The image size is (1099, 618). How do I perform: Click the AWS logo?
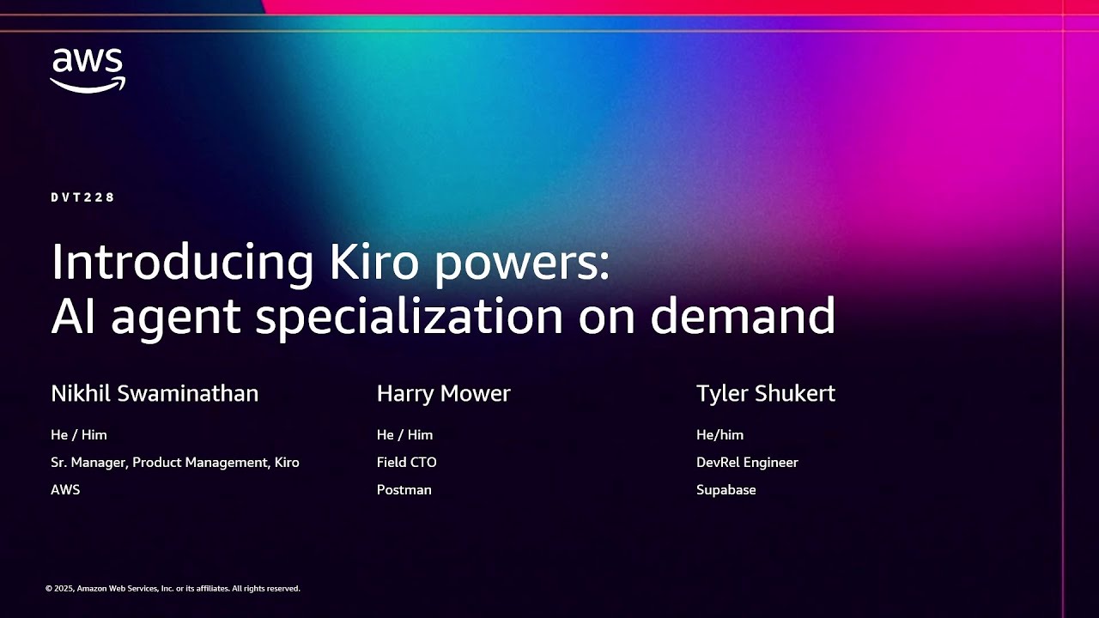(88, 70)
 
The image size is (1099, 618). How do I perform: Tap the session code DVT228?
(82, 197)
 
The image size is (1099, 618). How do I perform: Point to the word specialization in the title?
(409, 317)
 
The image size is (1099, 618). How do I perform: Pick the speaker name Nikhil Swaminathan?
(155, 394)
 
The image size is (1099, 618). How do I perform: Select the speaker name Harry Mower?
(443, 394)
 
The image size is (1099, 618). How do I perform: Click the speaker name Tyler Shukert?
(765, 394)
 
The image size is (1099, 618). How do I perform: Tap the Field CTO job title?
(406, 463)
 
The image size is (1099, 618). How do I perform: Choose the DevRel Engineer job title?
(747, 463)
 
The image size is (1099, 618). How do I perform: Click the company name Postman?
(404, 490)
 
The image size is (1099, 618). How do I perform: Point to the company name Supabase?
(726, 490)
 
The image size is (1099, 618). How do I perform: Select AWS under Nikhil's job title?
(65, 490)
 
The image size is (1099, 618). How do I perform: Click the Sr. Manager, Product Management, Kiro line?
(175, 463)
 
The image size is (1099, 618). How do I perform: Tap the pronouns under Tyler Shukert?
(720, 435)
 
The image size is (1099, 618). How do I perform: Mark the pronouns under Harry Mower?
(404, 435)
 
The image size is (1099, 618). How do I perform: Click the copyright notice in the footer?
(173, 589)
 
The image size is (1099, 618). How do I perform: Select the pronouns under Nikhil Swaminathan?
(79, 435)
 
